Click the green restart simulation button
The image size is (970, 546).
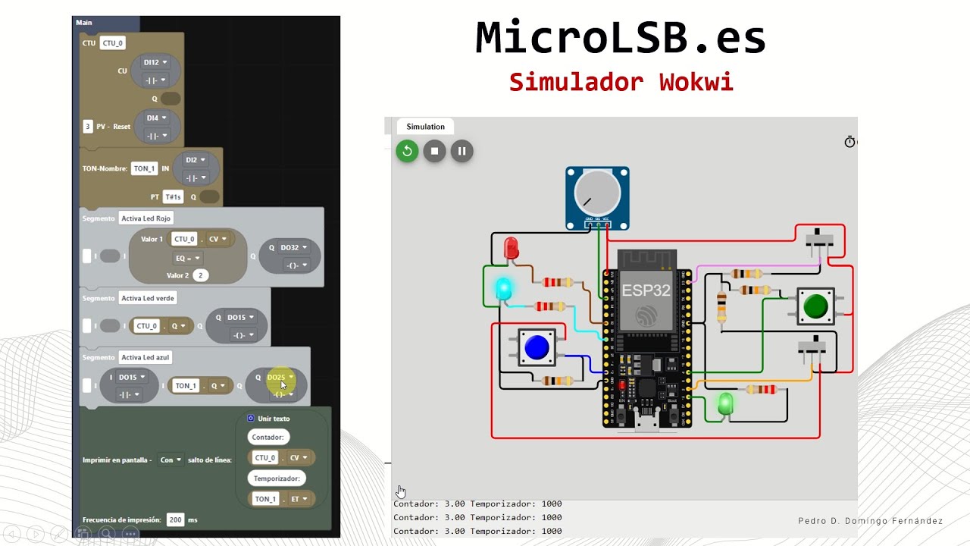pos(407,151)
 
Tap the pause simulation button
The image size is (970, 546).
pos(462,151)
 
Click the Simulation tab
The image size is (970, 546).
pos(425,127)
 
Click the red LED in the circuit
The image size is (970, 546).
pos(511,248)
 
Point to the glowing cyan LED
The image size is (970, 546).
pos(503,288)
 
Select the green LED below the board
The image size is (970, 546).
pos(725,403)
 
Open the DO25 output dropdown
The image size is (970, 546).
pos(280,377)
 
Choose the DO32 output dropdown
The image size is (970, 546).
pos(294,247)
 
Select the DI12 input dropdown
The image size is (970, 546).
pos(155,63)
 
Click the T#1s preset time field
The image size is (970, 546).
pos(174,197)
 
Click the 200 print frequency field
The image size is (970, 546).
pos(175,519)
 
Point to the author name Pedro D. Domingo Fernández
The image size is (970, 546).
pos(870,521)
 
